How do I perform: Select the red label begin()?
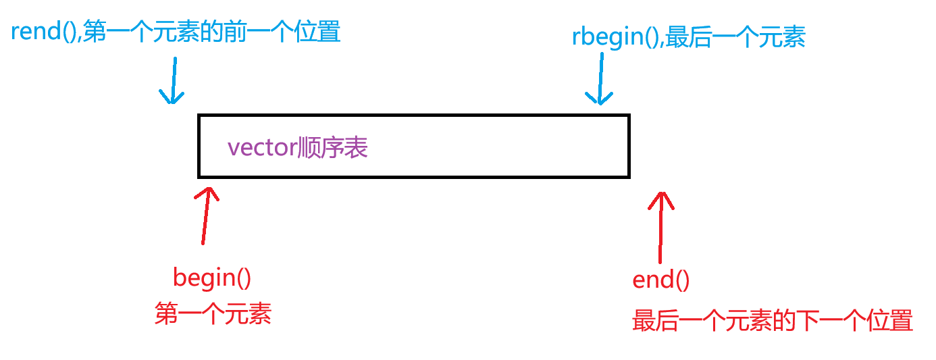point(211,278)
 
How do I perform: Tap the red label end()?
point(660,280)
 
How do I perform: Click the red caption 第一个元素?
point(213,314)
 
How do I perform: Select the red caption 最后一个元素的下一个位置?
point(772,320)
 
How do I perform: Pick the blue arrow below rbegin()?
point(599,79)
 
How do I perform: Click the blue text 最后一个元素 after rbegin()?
point(735,37)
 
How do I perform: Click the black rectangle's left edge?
point(199,147)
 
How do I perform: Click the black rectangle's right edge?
point(628,147)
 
